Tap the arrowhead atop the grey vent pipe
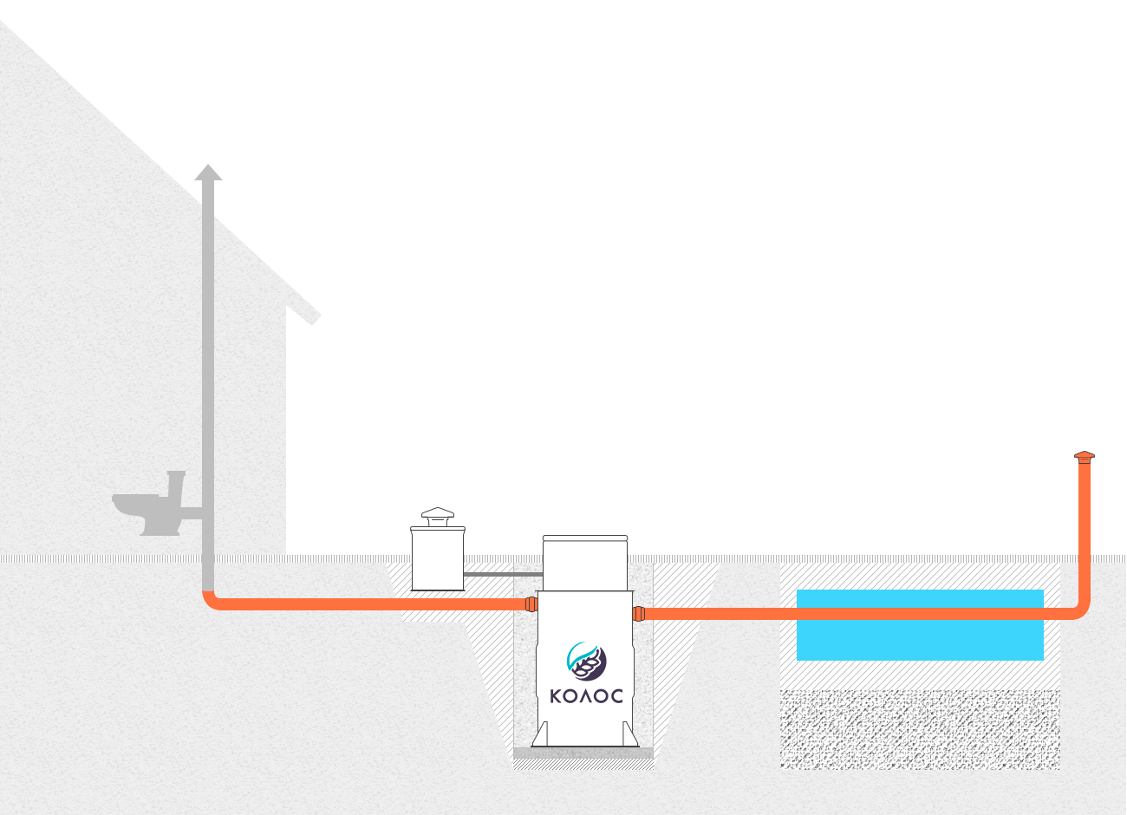click(x=208, y=172)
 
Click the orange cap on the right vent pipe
click(x=1085, y=457)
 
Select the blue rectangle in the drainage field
click(x=920, y=625)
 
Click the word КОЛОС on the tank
click(x=586, y=696)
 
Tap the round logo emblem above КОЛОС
click(x=586, y=661)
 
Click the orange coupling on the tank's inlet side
click(x=531, y=604)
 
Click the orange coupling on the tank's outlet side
click(x=639, y=614)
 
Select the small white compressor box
click(x=438, y=558)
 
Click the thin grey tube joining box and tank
click(x=503, y=574)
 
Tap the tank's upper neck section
click(x=585, y=563)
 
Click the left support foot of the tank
click(x=541, y=734)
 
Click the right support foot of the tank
click(x=630, y=734)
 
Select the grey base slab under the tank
click(x=583, y=753)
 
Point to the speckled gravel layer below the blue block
click(x=920, y=729)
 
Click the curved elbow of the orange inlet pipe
click(x=212, y=601)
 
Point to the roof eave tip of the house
click(x=316, y=319)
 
